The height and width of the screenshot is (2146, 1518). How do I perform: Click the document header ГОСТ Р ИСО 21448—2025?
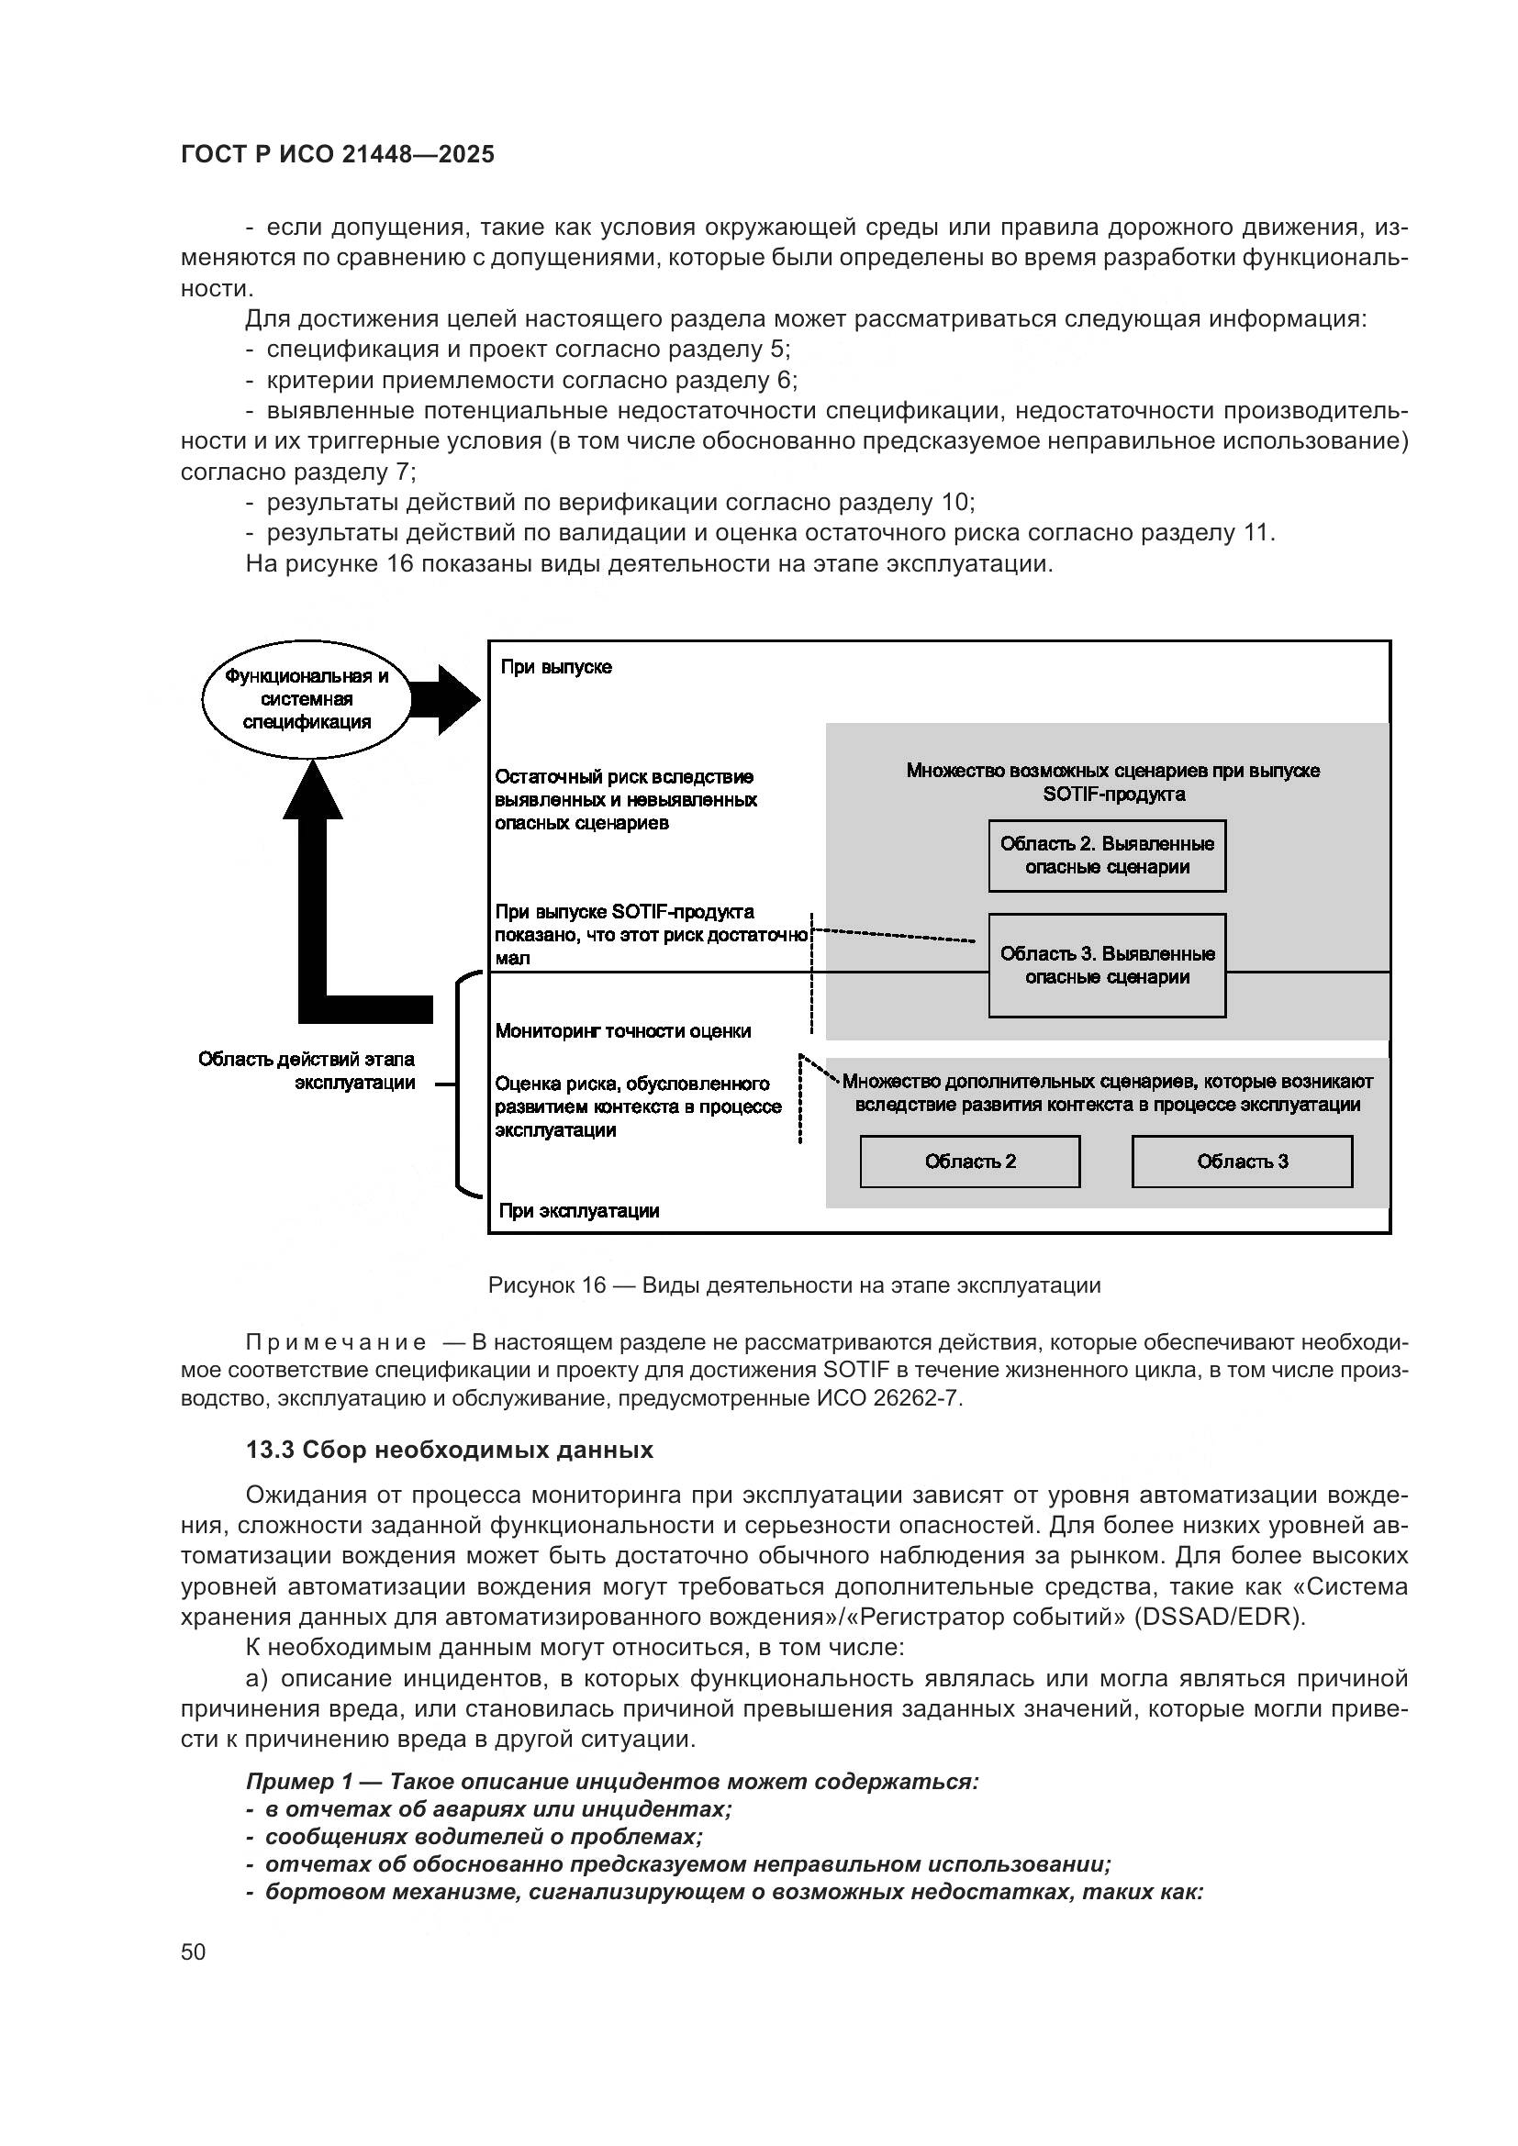point(338,155)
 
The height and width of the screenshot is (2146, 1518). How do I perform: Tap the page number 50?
point(194,1951)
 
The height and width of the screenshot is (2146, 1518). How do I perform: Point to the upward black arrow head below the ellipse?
point(313,791)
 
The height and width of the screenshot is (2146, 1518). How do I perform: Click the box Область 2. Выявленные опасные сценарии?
point(1107,855)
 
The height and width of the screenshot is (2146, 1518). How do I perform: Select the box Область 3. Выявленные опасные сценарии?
point(1107,964)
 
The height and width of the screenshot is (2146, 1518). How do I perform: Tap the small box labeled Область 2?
point(969,1162)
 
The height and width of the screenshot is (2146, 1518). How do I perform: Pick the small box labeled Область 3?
point(1242,1162)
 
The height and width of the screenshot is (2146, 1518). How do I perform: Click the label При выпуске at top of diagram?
point(556,667)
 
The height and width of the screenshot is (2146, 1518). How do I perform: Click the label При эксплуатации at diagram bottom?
point(578,1211)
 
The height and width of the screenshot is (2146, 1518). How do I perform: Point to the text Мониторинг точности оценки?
point(622,1032)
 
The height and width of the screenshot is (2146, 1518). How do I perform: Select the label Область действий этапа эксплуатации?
point(307,1071)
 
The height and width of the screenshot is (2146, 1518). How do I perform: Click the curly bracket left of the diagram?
point(460,1084)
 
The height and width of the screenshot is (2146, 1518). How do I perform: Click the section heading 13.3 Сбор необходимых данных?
point(450,1450)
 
